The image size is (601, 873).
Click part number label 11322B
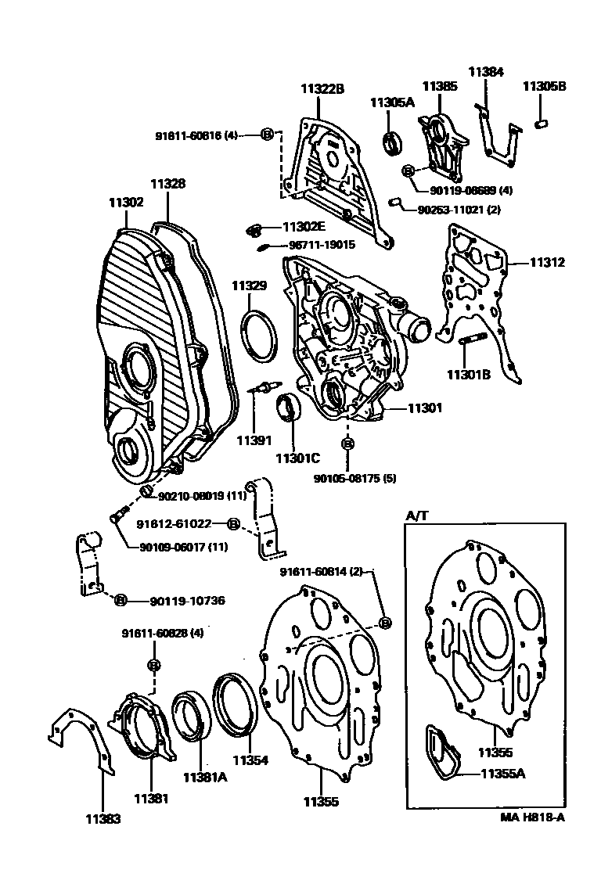tap(322, 89)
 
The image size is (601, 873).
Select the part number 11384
tap(486, 71)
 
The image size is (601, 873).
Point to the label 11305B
tap(545, 86)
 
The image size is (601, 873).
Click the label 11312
tap(547, 263)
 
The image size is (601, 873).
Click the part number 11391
tap(254, 440)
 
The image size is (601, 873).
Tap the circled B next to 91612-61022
tap(232, 524)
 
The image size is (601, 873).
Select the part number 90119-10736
tap(187, 601)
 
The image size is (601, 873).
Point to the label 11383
tap(103, 818)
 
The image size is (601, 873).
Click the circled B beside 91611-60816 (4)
tap(267, 135)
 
